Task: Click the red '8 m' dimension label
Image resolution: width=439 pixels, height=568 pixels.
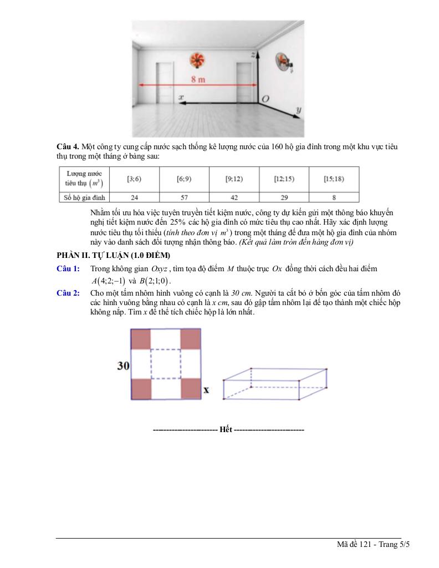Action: click(198, 79)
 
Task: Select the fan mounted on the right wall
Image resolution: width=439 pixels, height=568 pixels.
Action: click(284, 62)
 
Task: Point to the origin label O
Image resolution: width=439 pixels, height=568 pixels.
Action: click(266, 98)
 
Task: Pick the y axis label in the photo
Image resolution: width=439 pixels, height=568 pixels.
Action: click(299, 111)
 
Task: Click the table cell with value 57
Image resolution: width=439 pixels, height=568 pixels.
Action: click(184, 197)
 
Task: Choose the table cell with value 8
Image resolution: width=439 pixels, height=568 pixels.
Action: click(334, 197)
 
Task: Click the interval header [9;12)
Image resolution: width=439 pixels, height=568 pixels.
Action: click(233, 179)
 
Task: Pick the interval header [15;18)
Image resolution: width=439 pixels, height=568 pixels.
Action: click(334, 179)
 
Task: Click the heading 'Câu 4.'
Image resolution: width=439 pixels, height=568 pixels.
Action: click(68, 146)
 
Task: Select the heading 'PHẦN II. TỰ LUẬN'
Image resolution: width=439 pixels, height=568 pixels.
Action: click(113, 255)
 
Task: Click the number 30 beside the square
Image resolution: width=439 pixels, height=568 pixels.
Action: click(123, 366)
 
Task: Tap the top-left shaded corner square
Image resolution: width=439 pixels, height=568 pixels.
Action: click(141, 339)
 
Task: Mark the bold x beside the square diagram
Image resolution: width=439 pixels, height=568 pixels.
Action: click(206, 390)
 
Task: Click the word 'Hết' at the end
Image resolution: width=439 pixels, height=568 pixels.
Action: click(226, 430)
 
